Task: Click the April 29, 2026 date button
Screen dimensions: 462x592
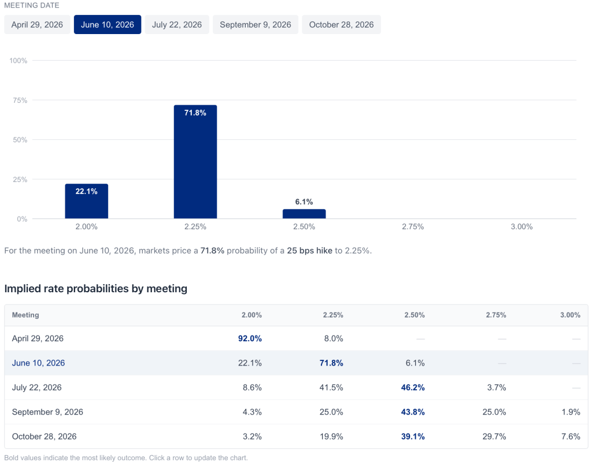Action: [38, 25]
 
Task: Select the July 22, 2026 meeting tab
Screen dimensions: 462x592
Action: [177, 25]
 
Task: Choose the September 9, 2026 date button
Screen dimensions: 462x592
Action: [256, 25]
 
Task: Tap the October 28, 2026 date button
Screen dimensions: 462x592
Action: [341, 25]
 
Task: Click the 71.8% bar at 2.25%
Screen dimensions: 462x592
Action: [195, 162]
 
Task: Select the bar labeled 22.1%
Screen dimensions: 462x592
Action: [86, 201]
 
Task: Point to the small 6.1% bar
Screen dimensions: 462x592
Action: [304, 214]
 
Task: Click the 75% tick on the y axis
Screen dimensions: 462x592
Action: [20, 100]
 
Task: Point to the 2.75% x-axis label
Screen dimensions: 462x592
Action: [413, 227]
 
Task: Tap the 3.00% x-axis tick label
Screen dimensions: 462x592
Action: [521, 227]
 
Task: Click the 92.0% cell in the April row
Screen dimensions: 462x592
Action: [250, 338]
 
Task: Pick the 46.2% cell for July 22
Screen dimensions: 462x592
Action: [413, 388]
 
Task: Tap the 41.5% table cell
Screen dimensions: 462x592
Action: [331, 388]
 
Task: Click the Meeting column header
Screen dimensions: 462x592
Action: [25, 315]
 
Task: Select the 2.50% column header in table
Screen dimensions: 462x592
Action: [415, 315]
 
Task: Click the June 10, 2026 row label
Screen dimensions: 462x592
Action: [38, 363]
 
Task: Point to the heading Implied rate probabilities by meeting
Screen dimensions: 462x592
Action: [96, 289]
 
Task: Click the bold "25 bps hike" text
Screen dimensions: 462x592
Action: [309, 251]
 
